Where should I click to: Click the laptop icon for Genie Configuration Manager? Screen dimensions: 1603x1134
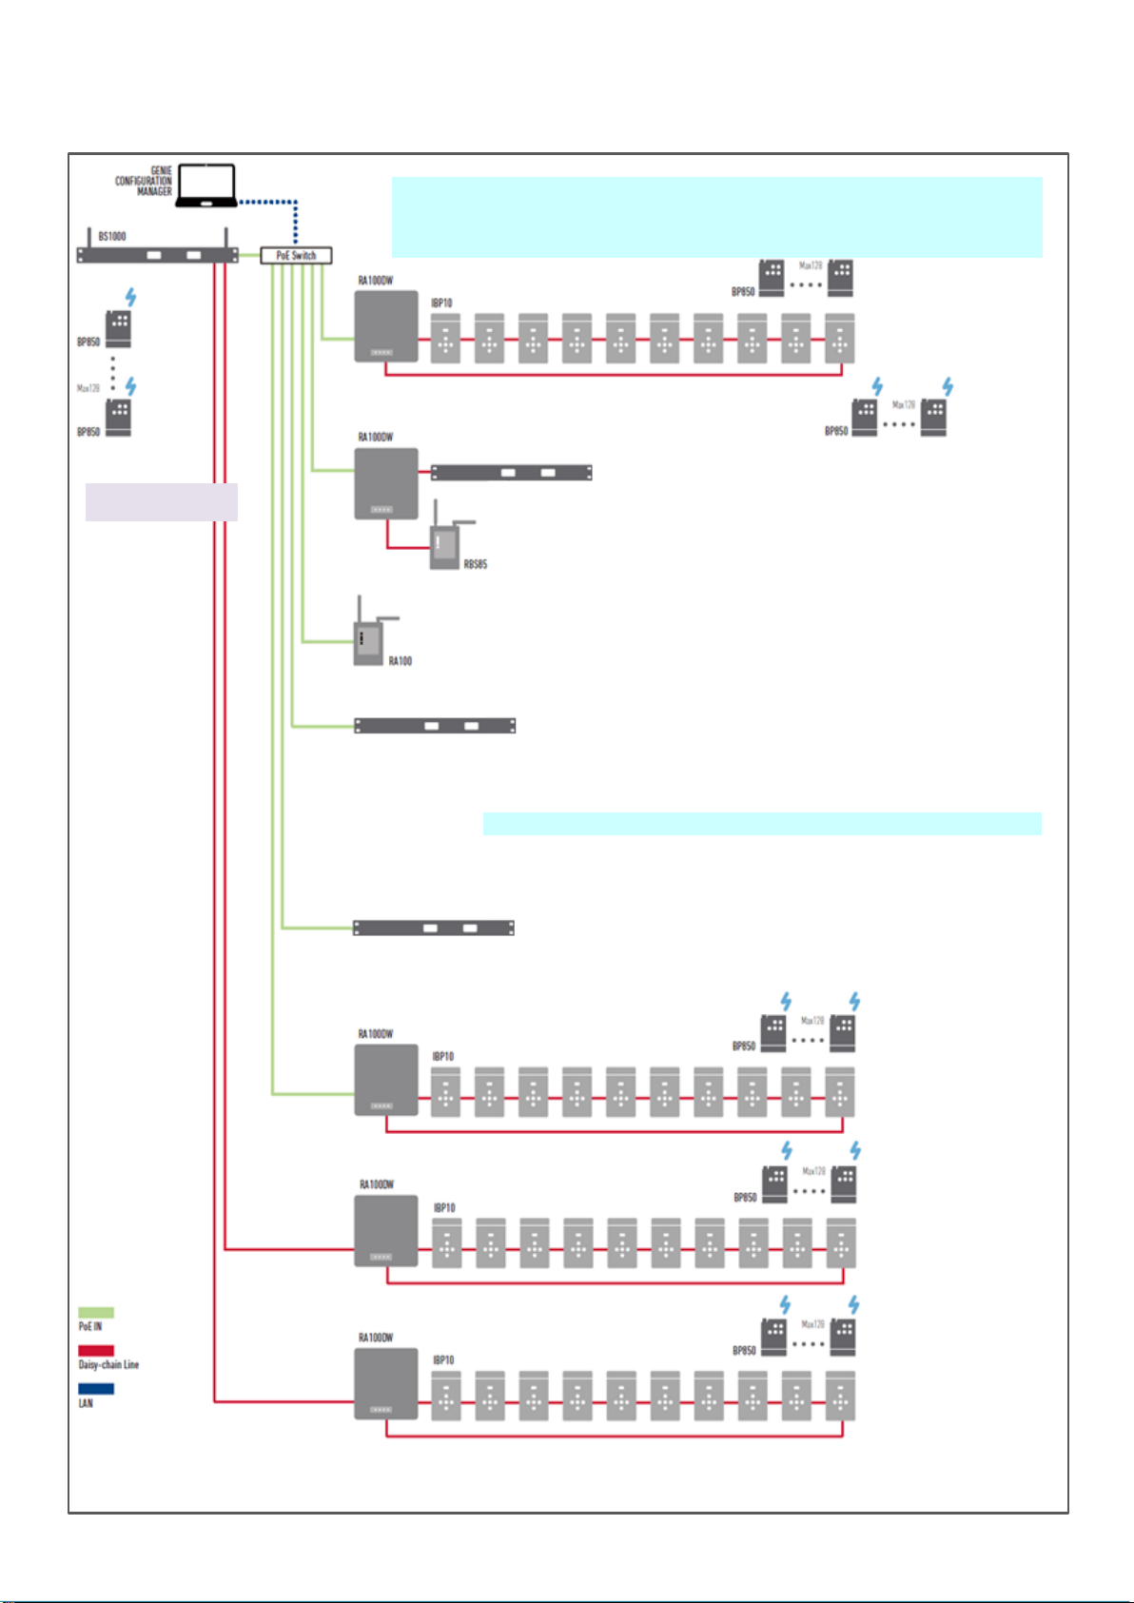[x=207, y=185]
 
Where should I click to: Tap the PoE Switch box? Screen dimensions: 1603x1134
[x=296, y=255]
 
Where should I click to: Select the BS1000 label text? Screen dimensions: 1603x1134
[x=112, y=236]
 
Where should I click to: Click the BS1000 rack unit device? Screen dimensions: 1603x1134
[x=157, y=255]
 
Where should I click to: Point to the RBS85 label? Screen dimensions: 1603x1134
[x=475, y=564]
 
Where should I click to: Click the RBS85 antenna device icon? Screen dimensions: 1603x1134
[x=444, y=544]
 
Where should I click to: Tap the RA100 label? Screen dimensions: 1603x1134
[x=400, y=661]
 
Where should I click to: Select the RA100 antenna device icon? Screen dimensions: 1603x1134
[x=367, y=640]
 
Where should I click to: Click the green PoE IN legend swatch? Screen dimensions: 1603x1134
[x=96, y=1313]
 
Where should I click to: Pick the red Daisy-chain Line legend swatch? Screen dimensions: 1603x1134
[x=96, y=1351]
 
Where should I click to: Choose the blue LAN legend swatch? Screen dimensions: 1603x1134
[x=96, y=1389]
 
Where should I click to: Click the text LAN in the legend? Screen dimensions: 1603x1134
[x=86, y=1403]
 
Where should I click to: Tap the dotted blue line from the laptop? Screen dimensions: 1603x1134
[x=271, y=202]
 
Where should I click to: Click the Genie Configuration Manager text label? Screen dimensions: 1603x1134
[x=145, y=181]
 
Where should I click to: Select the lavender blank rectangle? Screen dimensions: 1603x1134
[x=161, y=501]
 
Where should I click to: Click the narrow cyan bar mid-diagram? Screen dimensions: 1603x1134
[x=761, y=823]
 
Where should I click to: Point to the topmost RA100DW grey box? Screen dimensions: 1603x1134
[x=386, y=326]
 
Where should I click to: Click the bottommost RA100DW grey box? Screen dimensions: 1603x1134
[x=386, y=1383]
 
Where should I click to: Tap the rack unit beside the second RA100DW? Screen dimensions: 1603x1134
[x=512, y=473]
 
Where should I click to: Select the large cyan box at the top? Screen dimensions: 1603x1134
[x=716, y=217]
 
